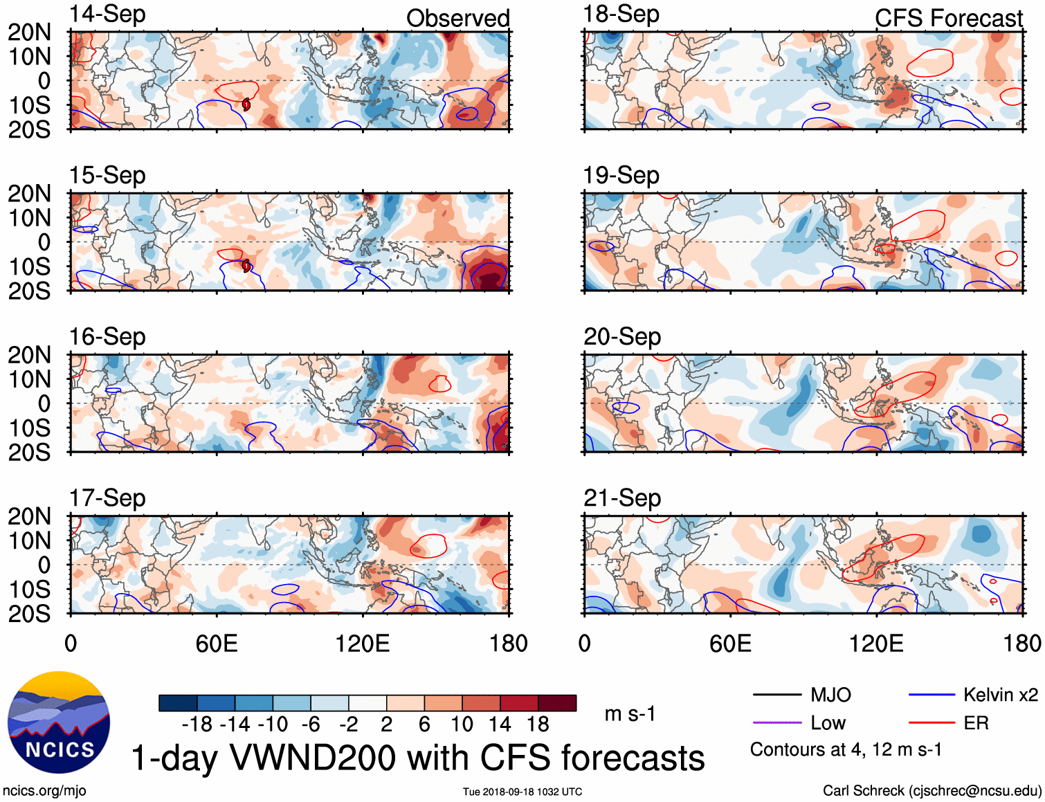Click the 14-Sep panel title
tap(107, 15)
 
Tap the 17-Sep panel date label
tap(107, 498)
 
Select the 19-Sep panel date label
tap(621, 176)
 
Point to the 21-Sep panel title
tap(621, 498)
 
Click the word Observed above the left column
tap(457, 19)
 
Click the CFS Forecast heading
tap(948, 19)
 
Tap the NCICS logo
tap(59, 722)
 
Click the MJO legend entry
tap(802, 695)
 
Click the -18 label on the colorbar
tap(197, 724)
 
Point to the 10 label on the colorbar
tap(462, 724)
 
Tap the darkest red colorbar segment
tap(557, 703)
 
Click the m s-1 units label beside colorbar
tap(630, 713)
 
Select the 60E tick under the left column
tap(217, 644)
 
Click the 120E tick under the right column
tap(876, 644)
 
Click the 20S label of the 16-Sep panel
tap(29, 453)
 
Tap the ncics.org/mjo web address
tap(44, 791)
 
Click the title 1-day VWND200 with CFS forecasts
tap(418, 758)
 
